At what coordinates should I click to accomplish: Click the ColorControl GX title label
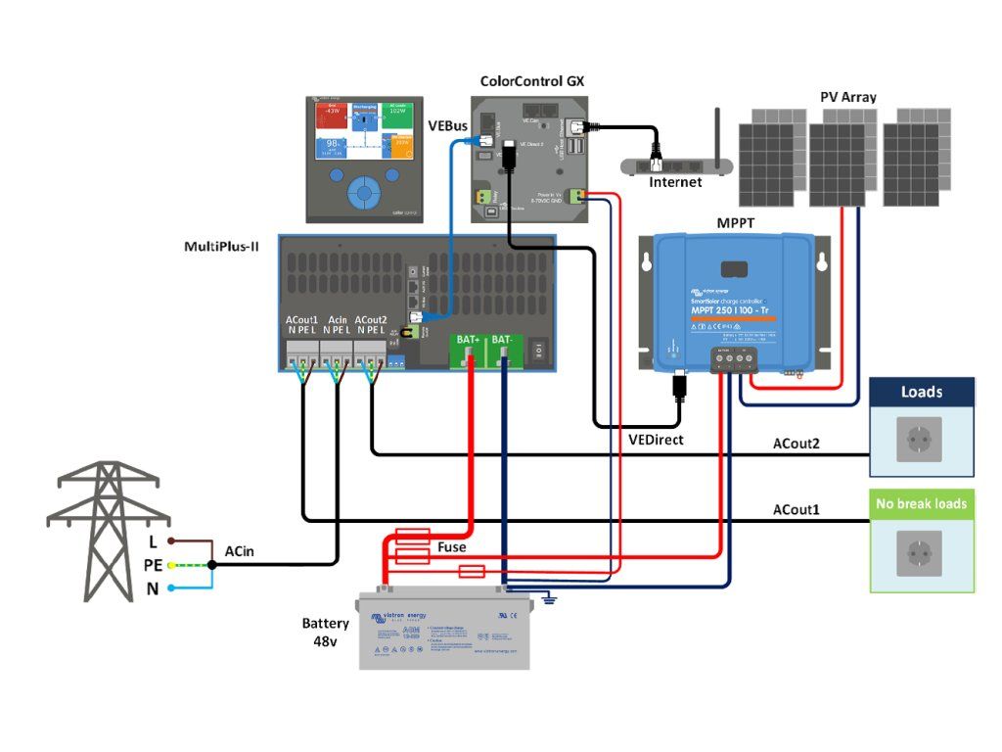(x=532, y=81)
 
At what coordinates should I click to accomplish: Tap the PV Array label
(x=847, y=98)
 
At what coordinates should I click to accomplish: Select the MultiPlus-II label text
(x=221, y=245)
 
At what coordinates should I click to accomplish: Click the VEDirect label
(x=656, y=440)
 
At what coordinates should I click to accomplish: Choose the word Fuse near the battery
(x=451, y=547)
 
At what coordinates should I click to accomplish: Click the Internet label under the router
(x=675, y=182)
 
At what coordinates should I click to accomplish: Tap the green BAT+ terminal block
(x=468, y=352)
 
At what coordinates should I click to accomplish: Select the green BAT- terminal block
(x=505, y=352)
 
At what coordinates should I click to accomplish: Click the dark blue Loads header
(x=922, y=392)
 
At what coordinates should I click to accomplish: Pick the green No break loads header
(x=922, y=503)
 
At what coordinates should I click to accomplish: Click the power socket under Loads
(x=921, y=440)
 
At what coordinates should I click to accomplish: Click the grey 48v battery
(x=443, y=632)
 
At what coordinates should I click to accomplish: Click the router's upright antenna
(x=717, y=132)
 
